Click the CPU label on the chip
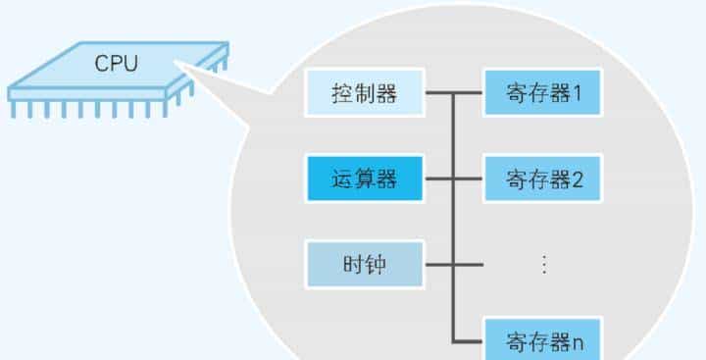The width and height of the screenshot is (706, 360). (x=117, y=65)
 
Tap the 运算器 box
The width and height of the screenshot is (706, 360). (x=365, y=180)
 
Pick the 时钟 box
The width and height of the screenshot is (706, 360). (x=365, y=263)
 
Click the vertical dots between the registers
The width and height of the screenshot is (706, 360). (x=543, y=263)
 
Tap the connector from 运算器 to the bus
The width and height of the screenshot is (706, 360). (x=437, y=180)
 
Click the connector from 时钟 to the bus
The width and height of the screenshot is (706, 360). (x=437, y=263)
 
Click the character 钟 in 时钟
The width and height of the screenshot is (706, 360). (x=378, y=263)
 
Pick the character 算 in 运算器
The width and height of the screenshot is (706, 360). (x=365, y=180)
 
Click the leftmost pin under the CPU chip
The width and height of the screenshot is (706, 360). (x=14, y=109)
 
